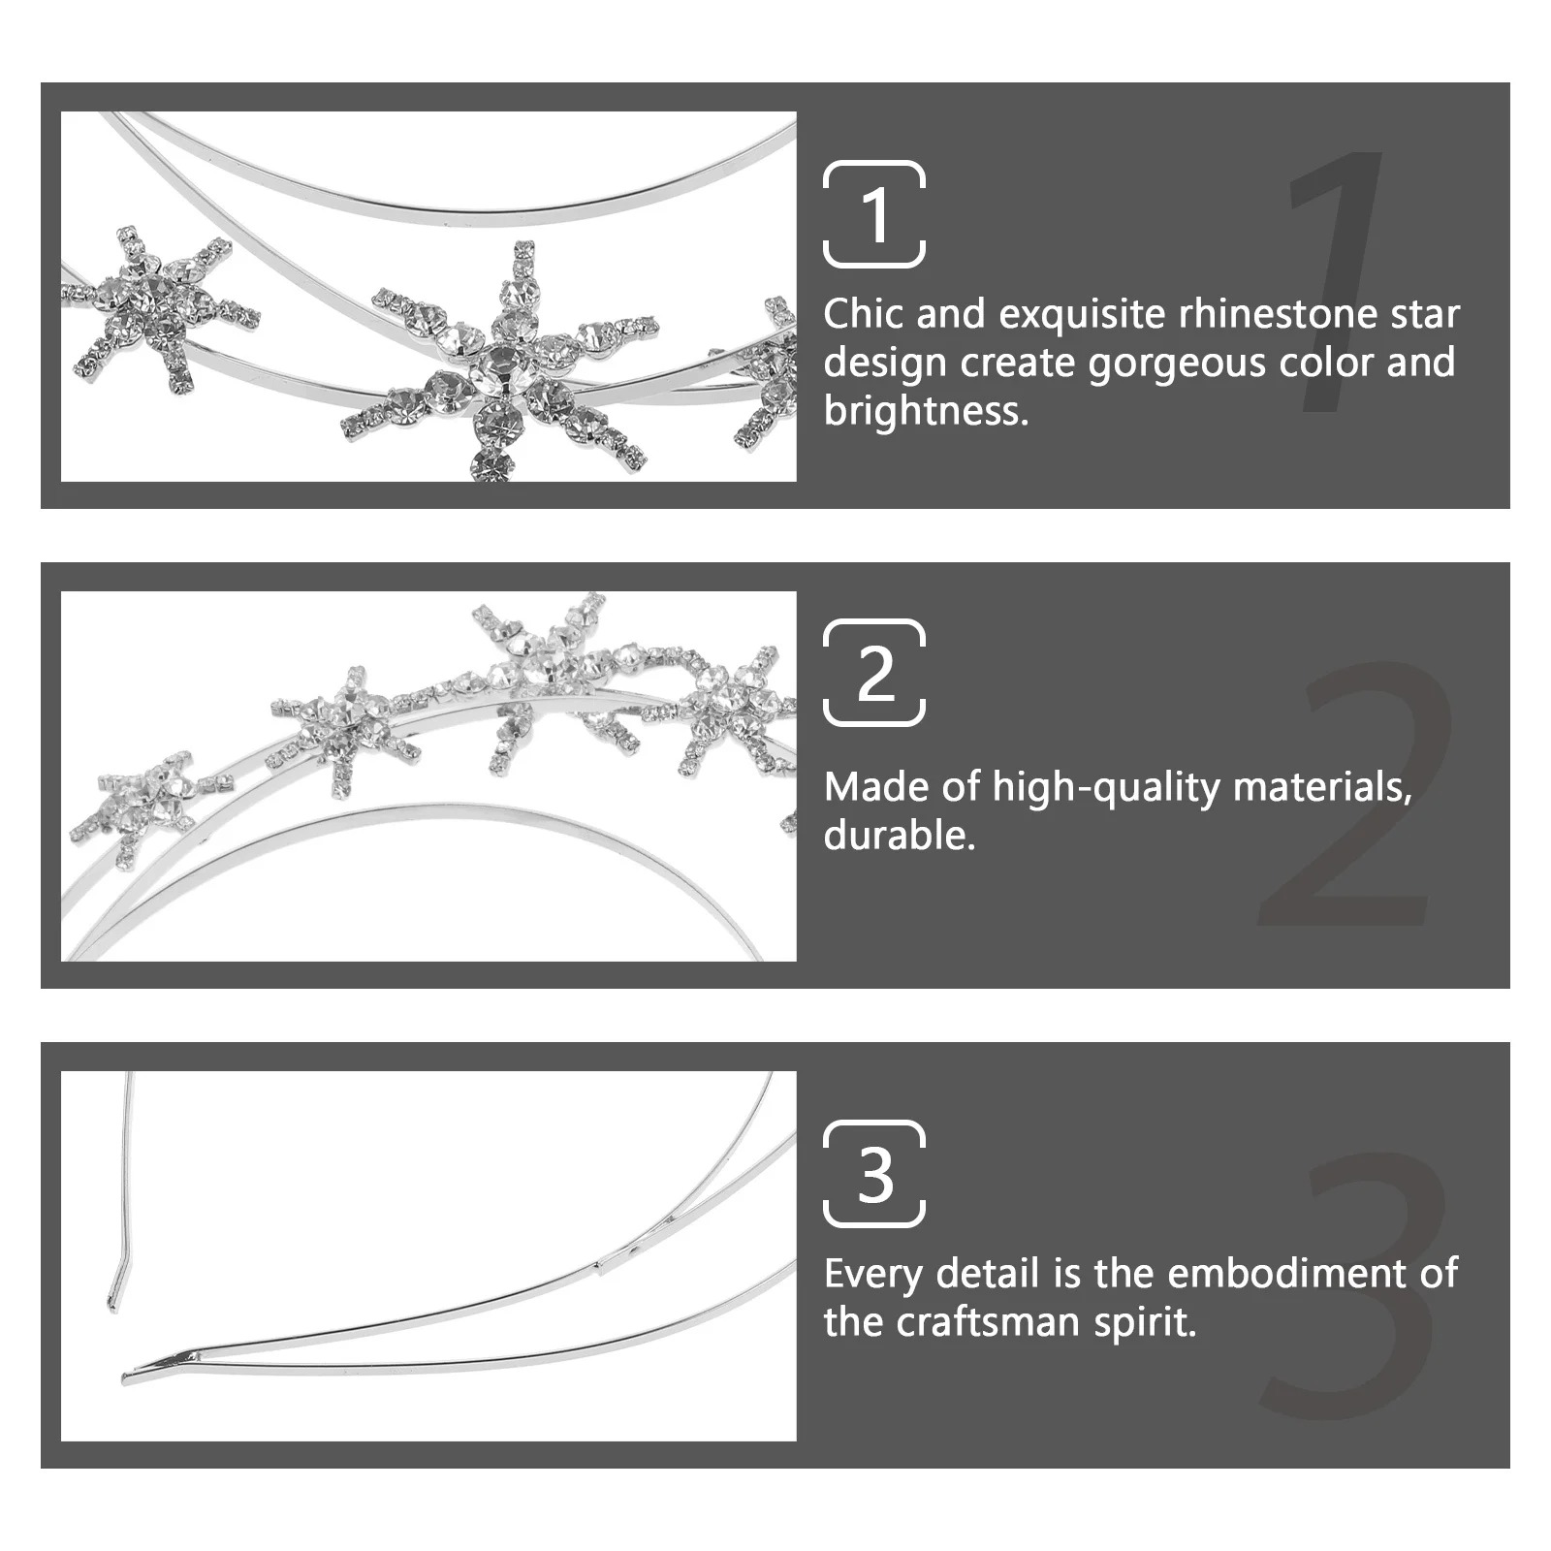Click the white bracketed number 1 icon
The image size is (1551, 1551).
tap(873, 214)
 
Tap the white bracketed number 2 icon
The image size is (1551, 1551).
tap(873, 673)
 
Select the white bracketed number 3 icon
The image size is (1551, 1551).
tap(873, 1174)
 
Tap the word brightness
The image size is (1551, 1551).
tap(925, 412)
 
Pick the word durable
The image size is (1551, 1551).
tap(899, 836)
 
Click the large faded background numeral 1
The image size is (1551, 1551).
tap(1338, 281)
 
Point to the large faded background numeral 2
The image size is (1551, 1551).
tap(1357, 795)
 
